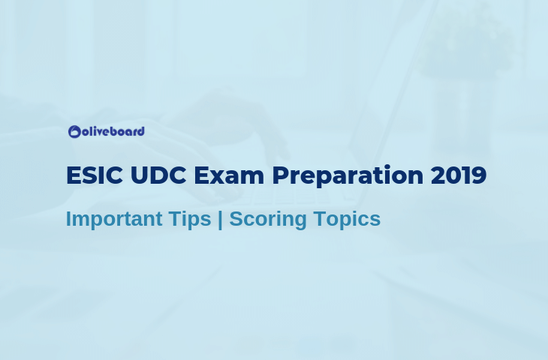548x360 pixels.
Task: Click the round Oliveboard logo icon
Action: tap(74, 132)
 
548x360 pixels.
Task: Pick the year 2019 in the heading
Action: tap(459, 175)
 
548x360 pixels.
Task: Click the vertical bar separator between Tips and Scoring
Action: tap(220, 220)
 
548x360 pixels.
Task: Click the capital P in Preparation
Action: tap(280, 175)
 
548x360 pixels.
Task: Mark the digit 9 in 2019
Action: tap(479, 175)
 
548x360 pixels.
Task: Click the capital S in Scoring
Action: tap(236, 219)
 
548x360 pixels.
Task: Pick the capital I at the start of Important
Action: tap(68, 219)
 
